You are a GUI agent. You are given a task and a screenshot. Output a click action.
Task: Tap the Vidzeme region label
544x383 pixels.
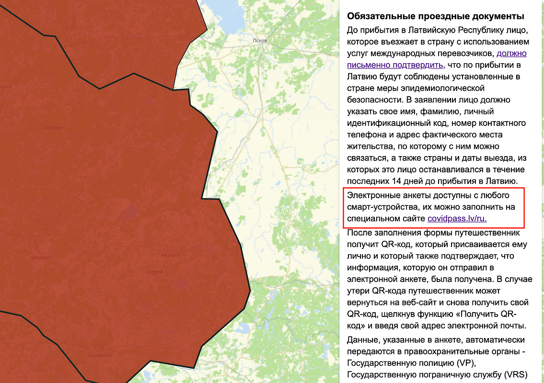coord(53,128)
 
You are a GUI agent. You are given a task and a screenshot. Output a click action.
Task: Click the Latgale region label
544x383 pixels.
coord(155,271)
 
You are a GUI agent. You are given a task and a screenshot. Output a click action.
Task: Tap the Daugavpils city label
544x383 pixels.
coord(95,355)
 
